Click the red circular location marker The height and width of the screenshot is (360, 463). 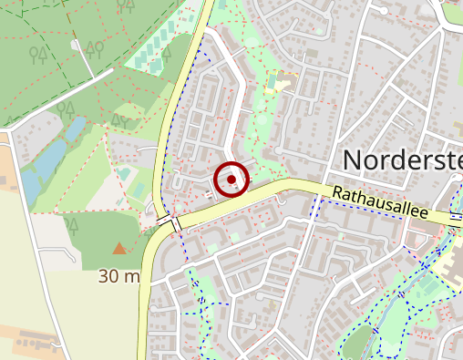[233, 180]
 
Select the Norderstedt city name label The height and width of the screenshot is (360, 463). [402, 160]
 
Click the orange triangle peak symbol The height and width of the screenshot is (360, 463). [119, 247]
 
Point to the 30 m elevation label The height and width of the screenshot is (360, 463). [119, 275]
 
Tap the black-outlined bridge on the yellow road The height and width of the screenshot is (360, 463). [169, 221]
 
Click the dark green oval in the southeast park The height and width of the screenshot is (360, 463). [361, 340]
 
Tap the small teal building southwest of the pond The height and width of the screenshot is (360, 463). [124, 173]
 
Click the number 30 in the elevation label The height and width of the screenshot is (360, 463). [108, 275]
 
